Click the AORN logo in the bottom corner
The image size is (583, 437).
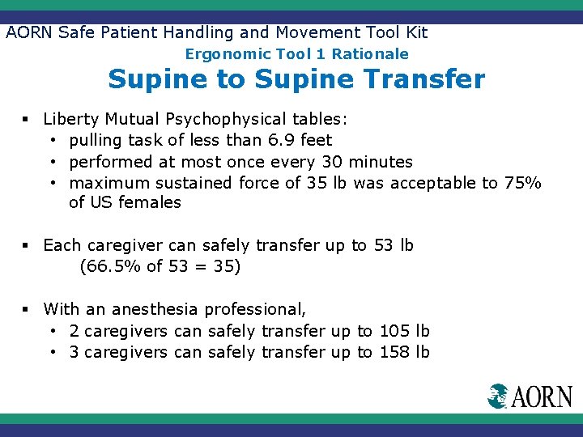point(530,396)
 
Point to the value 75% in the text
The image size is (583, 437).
point(522,183)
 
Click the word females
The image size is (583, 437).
point(150,202)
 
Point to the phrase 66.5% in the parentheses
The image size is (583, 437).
point(111,265)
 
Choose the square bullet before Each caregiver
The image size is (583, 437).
point(27,245)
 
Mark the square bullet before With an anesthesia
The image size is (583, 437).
point(27,309)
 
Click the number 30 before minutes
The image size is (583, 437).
point(331,162)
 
